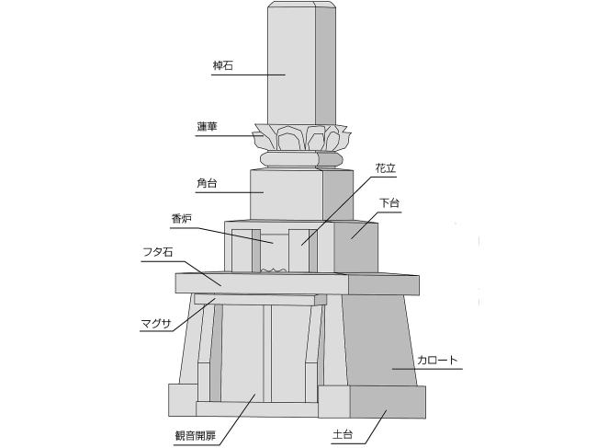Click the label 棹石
tap(223, 65)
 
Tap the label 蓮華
tap(208, 127)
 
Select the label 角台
tap(207, 183)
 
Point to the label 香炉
tap(181, 219)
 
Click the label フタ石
tap(158, 252)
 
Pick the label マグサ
tap(156, 324)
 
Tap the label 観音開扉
tap(196, 435)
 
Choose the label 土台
tap(343, 434)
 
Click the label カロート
tap(437, 360)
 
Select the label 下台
tap(389, 202)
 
